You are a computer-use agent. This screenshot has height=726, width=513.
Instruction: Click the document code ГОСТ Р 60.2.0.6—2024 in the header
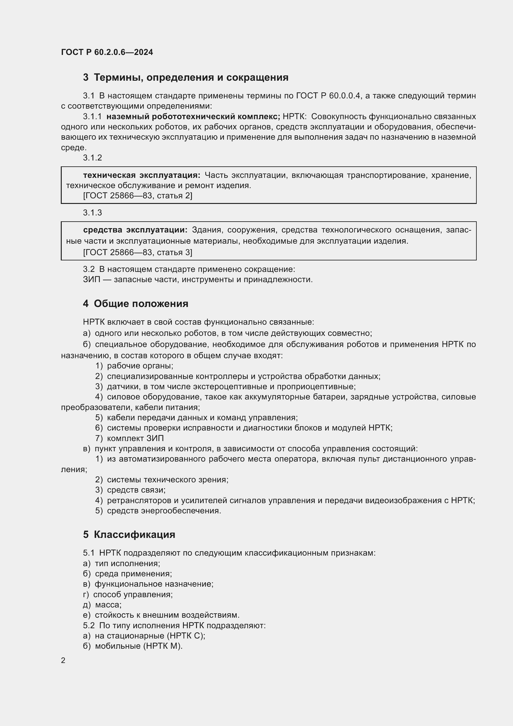pos(107,52)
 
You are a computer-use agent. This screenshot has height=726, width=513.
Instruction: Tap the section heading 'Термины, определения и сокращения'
pos(191,78)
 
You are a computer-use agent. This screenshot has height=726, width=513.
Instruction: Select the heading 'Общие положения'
pos(141,304)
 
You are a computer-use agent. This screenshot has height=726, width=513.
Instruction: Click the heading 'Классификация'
pos(135,535)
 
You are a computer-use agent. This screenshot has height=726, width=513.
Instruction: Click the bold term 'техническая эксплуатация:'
pos(141,175)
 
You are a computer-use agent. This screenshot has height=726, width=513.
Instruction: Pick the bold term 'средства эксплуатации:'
pos(135,230)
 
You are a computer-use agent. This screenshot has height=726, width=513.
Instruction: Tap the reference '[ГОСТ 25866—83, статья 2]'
pos(138,196)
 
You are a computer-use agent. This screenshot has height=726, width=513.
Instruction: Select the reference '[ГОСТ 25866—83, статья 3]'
pos(138,252)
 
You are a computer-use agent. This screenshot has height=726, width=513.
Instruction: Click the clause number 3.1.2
pos(92,158)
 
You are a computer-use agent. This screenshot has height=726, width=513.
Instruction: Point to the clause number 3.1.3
pos(92,213)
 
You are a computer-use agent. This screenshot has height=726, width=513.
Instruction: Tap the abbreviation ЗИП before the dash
pos(91,280)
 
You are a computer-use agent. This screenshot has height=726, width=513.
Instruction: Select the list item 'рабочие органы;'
pos(140,366)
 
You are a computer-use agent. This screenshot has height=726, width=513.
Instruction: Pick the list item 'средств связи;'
pos(136,490)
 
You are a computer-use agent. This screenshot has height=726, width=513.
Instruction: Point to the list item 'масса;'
pos(108,605)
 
